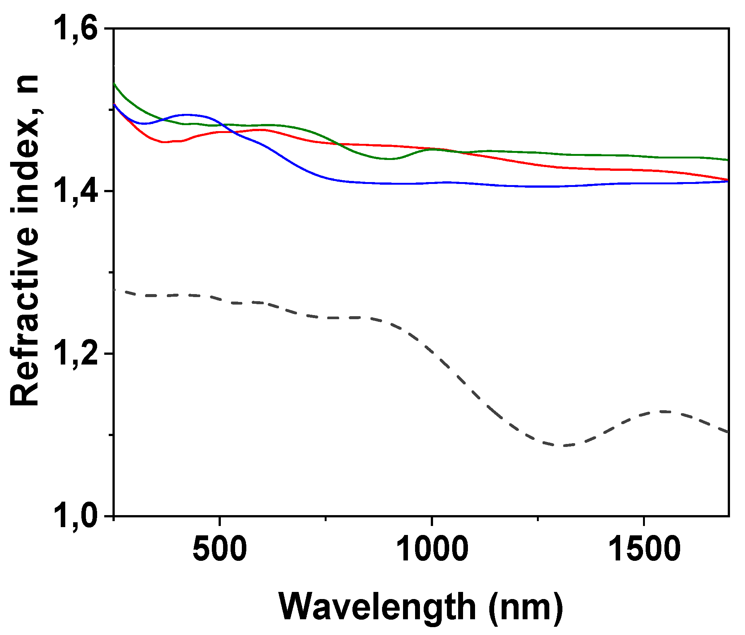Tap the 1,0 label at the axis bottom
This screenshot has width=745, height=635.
(x=77, y=516)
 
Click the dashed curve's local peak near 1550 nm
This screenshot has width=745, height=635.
(x=664, y=411)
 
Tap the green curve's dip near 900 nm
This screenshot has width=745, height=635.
(x=390, y=159)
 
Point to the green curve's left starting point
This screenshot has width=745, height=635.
(x=114, y=84)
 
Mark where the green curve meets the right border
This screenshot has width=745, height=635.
(x=728, y=160)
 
